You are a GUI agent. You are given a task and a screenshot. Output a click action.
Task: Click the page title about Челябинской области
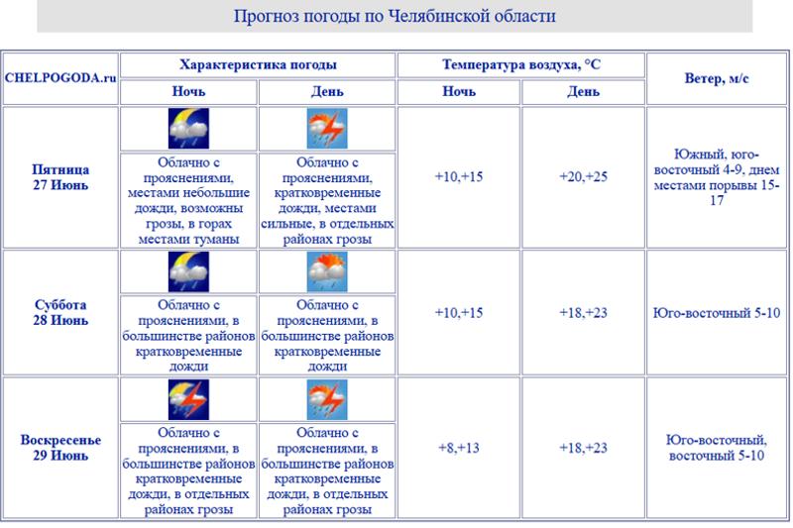click(x=395, y=16)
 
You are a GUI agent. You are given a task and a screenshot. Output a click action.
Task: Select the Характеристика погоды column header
click(x=258, y=64)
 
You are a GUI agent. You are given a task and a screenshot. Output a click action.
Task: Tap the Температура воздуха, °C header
click(x=520, y=64)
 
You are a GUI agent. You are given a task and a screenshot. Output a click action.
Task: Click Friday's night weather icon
click(x=188, y=129)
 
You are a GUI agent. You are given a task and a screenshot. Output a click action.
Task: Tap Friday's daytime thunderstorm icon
click(x=327, y=129)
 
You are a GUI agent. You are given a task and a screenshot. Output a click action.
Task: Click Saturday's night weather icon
click(x=188, y=271)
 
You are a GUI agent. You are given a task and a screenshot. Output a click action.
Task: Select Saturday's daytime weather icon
click(x=327, y=271)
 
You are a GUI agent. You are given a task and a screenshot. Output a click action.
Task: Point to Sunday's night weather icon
click(x=188, y=399)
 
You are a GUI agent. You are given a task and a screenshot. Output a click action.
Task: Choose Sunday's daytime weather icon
click(x=327, y=399)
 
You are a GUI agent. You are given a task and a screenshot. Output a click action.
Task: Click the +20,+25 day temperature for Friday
click(x=583, y=177)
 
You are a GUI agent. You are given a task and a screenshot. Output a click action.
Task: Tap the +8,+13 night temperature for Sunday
click(x=458, y=448)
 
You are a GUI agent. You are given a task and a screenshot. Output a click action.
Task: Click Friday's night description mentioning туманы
click(x=188, y=200)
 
